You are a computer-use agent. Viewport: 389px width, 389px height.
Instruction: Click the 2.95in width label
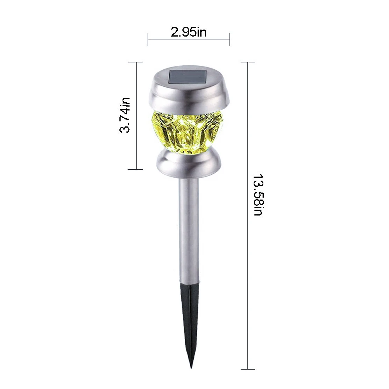(x=189, y=32)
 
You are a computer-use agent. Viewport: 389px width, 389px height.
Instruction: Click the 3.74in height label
(x=125, y=116)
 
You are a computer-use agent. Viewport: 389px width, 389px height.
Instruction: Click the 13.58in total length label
(x=258, y=195)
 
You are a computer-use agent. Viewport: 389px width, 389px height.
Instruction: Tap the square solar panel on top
(x=187, y=77)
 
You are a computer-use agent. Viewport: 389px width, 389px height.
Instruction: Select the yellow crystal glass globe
(x=189, y=133)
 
